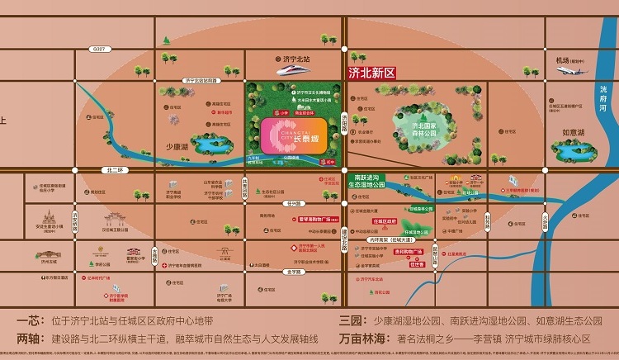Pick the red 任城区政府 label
[384, 221]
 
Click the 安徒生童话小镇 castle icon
[45, 218]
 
